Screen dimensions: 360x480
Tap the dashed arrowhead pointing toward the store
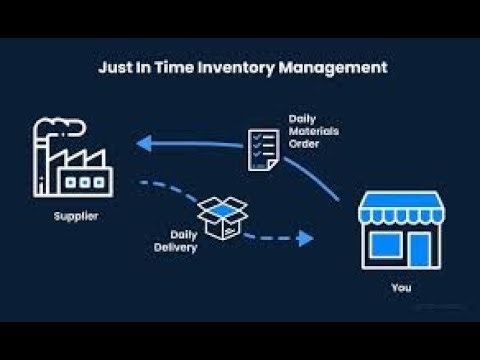point(306,238)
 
